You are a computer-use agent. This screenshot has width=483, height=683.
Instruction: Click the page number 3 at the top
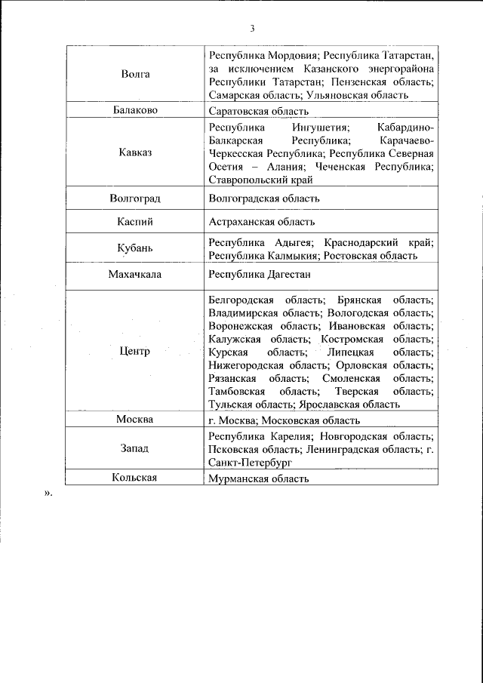point(252,29)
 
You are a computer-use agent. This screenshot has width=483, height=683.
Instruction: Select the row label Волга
point(135,74)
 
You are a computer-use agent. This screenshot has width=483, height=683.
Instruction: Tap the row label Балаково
point(135,110)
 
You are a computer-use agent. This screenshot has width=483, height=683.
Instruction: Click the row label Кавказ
point(135,152)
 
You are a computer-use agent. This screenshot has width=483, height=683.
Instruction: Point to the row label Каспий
point(135,221)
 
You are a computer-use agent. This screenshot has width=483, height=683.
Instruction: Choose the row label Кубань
point(135,248)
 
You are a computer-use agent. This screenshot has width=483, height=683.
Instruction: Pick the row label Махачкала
point(135,275)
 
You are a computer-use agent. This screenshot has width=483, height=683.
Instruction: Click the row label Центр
point(135,351)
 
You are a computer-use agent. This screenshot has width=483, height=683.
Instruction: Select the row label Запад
point(135,448)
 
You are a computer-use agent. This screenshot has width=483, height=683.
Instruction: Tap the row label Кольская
point(135,477)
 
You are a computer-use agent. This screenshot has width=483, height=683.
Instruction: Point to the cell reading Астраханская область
point(261,222)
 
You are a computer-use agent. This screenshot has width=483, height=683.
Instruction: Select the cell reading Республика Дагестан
point(260,275)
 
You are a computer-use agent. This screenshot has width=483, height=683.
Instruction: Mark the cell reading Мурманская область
point(258,478)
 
